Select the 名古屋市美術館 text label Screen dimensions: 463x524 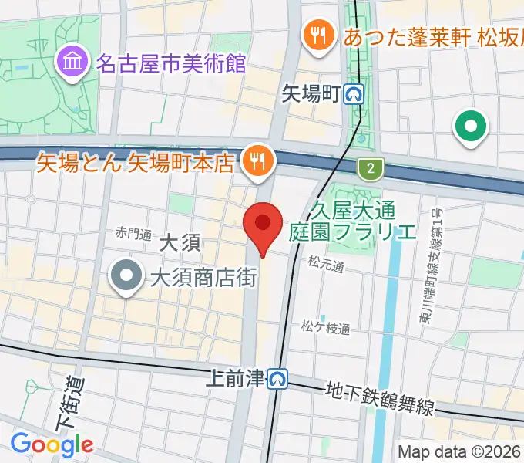pos(170,63)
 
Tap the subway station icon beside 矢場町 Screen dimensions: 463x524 pos(355,94)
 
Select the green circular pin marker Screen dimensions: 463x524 pos(472,125)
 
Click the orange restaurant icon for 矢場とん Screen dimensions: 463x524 pos(255,160)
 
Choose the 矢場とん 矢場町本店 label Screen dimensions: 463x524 pos(136,163)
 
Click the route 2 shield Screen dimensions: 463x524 pos(371,167)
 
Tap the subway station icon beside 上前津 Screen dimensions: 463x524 pos(277,378)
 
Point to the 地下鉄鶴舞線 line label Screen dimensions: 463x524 pos(380,398)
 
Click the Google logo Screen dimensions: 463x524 pos(51,444)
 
